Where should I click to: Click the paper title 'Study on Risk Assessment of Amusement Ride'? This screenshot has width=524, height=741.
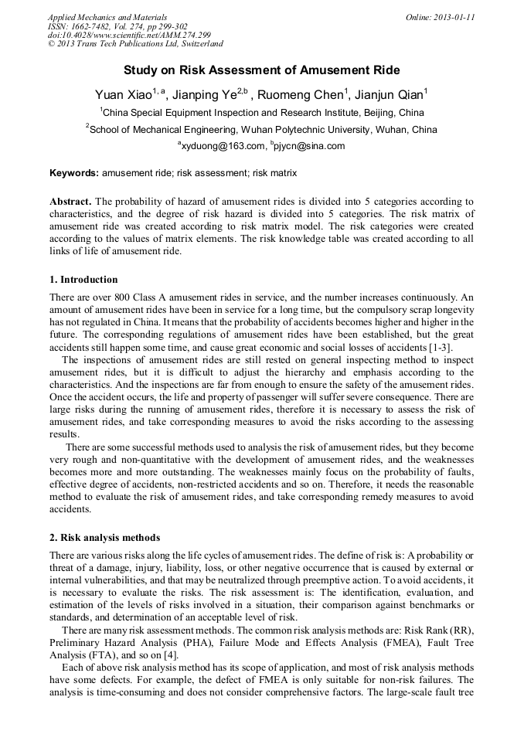[x=262, y=70]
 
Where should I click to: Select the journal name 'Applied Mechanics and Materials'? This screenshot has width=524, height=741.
[x=107, y=17]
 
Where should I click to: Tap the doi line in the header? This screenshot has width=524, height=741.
[x=128, y=36]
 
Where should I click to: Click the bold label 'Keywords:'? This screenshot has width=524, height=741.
[x=74, y=173]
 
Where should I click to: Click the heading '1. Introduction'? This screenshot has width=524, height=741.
[x=83, y=280]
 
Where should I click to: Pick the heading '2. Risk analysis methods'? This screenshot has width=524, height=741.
[x=104, y=537]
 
